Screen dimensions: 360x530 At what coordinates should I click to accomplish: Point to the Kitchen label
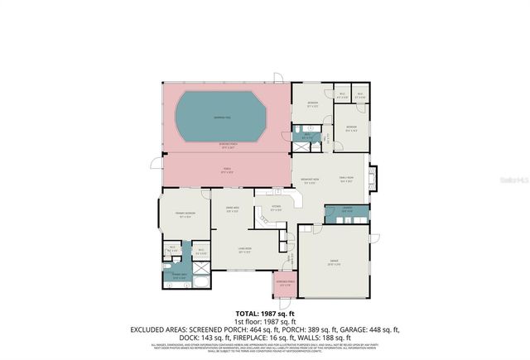[277, 207]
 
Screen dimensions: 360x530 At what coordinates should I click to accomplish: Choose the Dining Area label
[234, 209]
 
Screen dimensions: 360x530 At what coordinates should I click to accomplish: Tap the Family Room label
[346, 178]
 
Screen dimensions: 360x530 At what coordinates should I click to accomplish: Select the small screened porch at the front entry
[283, 286]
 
